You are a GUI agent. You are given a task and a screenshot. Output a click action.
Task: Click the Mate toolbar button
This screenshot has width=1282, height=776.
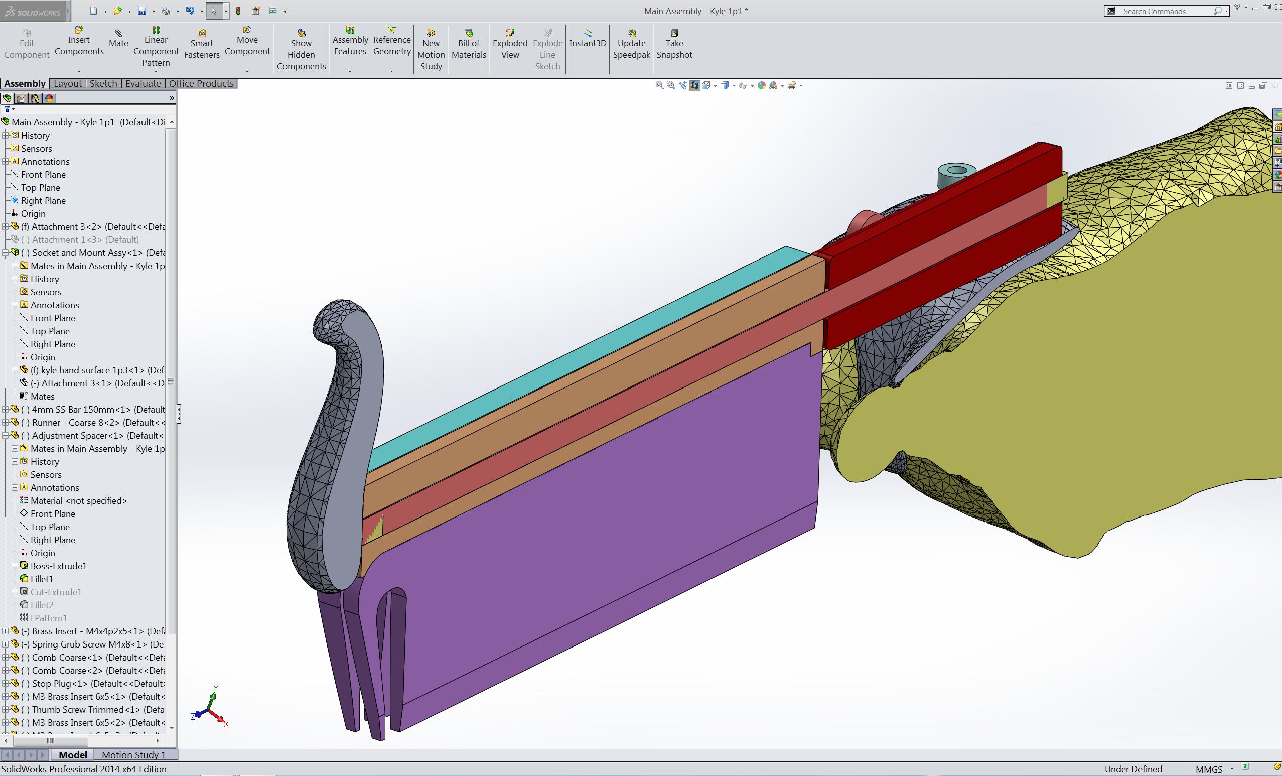[x=118, y=39]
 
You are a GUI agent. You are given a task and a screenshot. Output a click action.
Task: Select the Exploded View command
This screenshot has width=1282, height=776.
[x=510, y=44]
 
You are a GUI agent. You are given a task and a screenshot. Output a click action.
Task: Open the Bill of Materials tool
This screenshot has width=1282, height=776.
[x=468, y=44]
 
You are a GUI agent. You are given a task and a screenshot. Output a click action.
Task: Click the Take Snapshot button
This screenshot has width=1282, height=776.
[x=674, y=44]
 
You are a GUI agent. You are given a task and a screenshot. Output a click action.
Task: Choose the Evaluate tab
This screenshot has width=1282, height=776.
[x=143, y=84]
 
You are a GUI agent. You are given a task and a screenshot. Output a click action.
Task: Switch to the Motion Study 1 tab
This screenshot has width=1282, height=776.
[x=133, y=754]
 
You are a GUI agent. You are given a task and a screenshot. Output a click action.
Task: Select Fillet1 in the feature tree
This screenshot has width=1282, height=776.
[x=42, y=579]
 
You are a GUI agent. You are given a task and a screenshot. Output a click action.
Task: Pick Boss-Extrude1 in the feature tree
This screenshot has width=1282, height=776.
[x=58, y=566]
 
